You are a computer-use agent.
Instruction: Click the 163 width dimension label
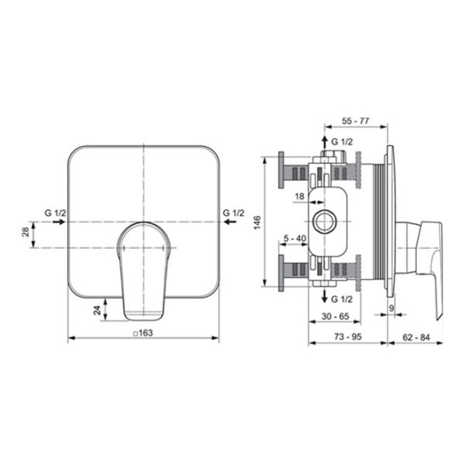coord(146,333)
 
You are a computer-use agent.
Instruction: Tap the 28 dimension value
coord(26,232)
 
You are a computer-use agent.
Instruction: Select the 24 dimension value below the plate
coord(97,310)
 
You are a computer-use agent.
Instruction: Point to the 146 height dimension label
coord(257,222)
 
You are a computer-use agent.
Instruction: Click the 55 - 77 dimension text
coord(356,121)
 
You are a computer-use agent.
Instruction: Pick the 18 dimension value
coord(300,196)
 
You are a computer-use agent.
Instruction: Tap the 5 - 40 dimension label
coord(295,238)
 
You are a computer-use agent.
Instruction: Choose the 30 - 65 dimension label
coord(336,316)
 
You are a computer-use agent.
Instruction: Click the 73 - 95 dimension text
coord(348,336)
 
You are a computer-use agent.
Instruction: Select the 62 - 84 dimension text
coord(416,337)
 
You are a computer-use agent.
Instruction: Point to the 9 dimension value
coord(391,309)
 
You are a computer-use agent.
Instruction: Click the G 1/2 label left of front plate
coord(56,213)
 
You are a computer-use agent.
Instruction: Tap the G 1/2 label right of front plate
coord(234,213)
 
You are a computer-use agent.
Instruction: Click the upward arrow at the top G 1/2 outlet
coord(325,142)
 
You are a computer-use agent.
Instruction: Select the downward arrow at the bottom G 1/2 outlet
coord(325,296)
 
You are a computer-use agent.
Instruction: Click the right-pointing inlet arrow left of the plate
coord(59,222)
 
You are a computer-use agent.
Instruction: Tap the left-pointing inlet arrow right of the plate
coord(230,222)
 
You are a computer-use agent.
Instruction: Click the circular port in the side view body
coord(325,221)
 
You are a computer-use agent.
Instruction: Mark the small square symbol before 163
coord(135,333)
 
